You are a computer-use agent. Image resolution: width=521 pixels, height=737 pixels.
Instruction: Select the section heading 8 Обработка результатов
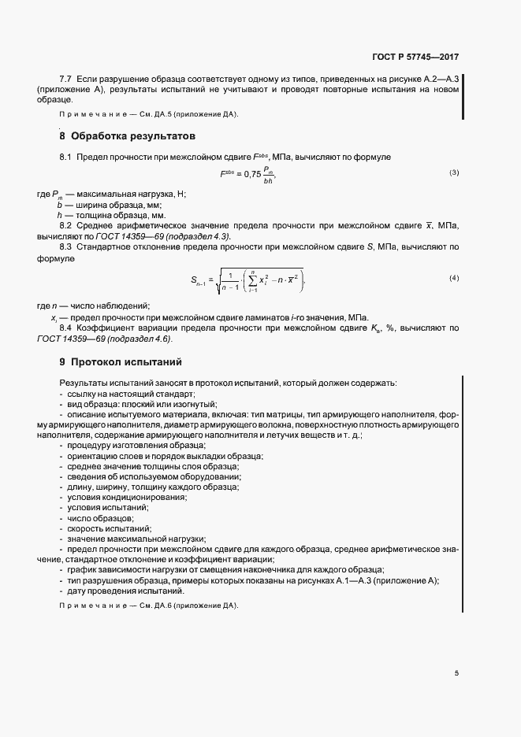tap(125, 136)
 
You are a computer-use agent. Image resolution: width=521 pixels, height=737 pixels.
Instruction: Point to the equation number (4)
tap(454, 278)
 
